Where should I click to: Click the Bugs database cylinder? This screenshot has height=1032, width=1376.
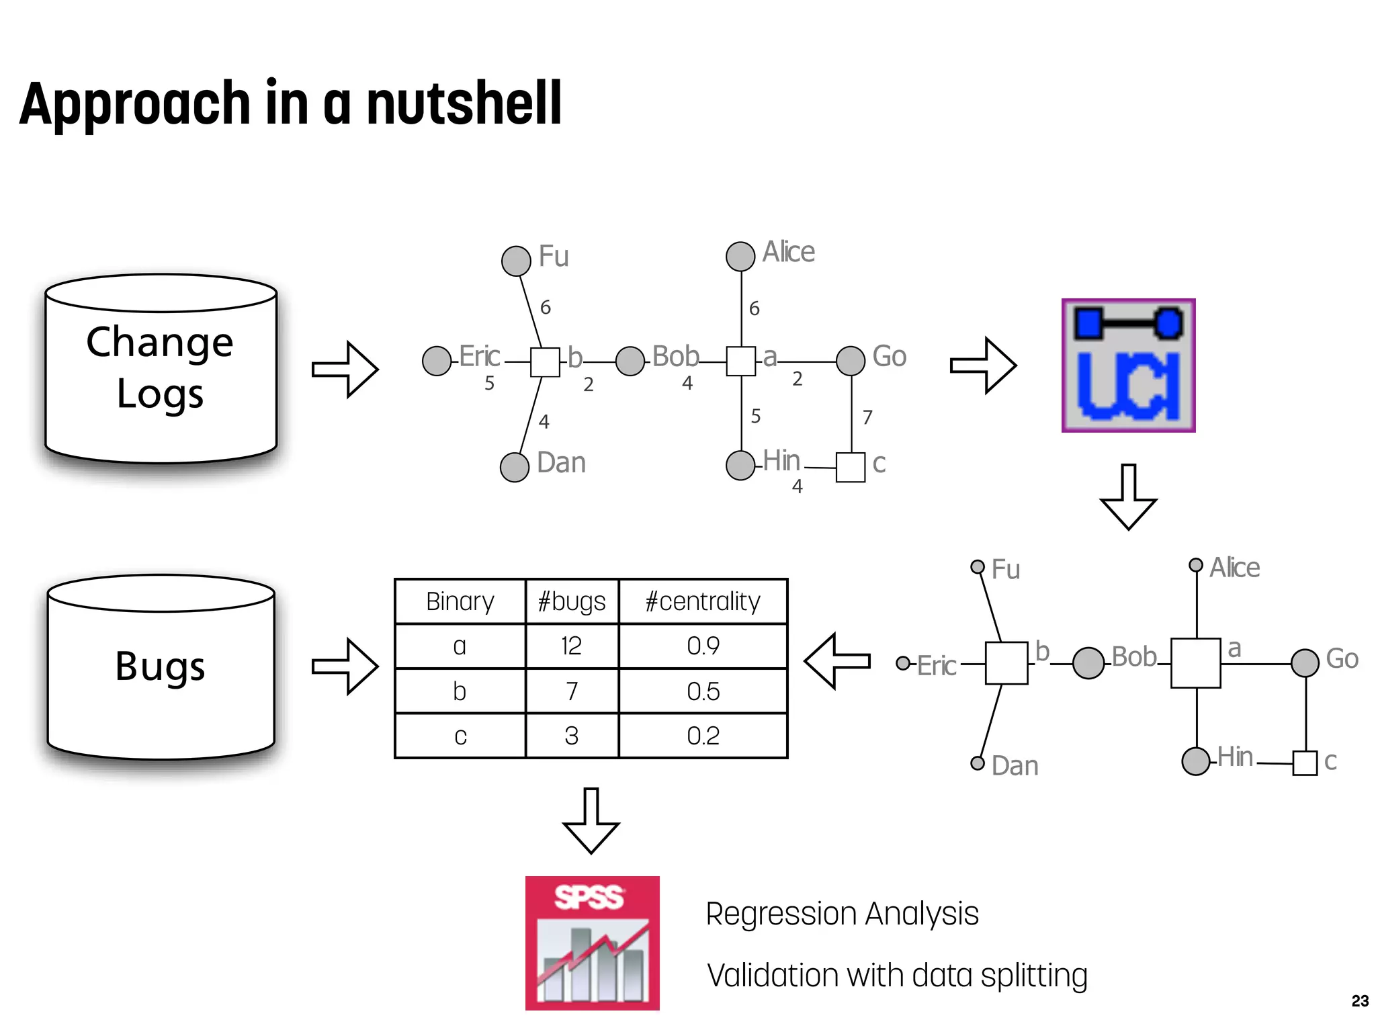(161, 666)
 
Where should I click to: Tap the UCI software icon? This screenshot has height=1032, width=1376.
(1128, 365)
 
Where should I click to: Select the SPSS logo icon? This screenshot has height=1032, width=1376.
(592, 943)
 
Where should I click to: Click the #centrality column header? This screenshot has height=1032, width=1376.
(703, 601)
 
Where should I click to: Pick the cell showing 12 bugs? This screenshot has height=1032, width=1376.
(571, 646)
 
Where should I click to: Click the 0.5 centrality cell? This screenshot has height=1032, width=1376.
(703, 691)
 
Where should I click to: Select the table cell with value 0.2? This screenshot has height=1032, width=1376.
(703, 736)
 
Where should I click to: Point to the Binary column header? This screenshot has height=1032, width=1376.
(460, 601)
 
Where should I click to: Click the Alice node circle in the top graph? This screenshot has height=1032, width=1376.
(740, 257)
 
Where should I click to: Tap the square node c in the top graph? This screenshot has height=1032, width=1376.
(851, 467)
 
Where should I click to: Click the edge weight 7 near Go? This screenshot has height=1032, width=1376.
(867, 417)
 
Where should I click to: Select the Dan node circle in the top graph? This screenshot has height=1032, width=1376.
(515, 467)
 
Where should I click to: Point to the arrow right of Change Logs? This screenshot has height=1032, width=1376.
(345, 369)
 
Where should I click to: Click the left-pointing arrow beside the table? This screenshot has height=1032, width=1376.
(836, 661)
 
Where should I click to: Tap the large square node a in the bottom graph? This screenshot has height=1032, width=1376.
(1195, 663)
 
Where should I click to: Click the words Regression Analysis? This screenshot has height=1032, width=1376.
(842, 914)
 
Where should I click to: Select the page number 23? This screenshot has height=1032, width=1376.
(1360, 1001)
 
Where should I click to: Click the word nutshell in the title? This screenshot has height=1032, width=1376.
(464, 103)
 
